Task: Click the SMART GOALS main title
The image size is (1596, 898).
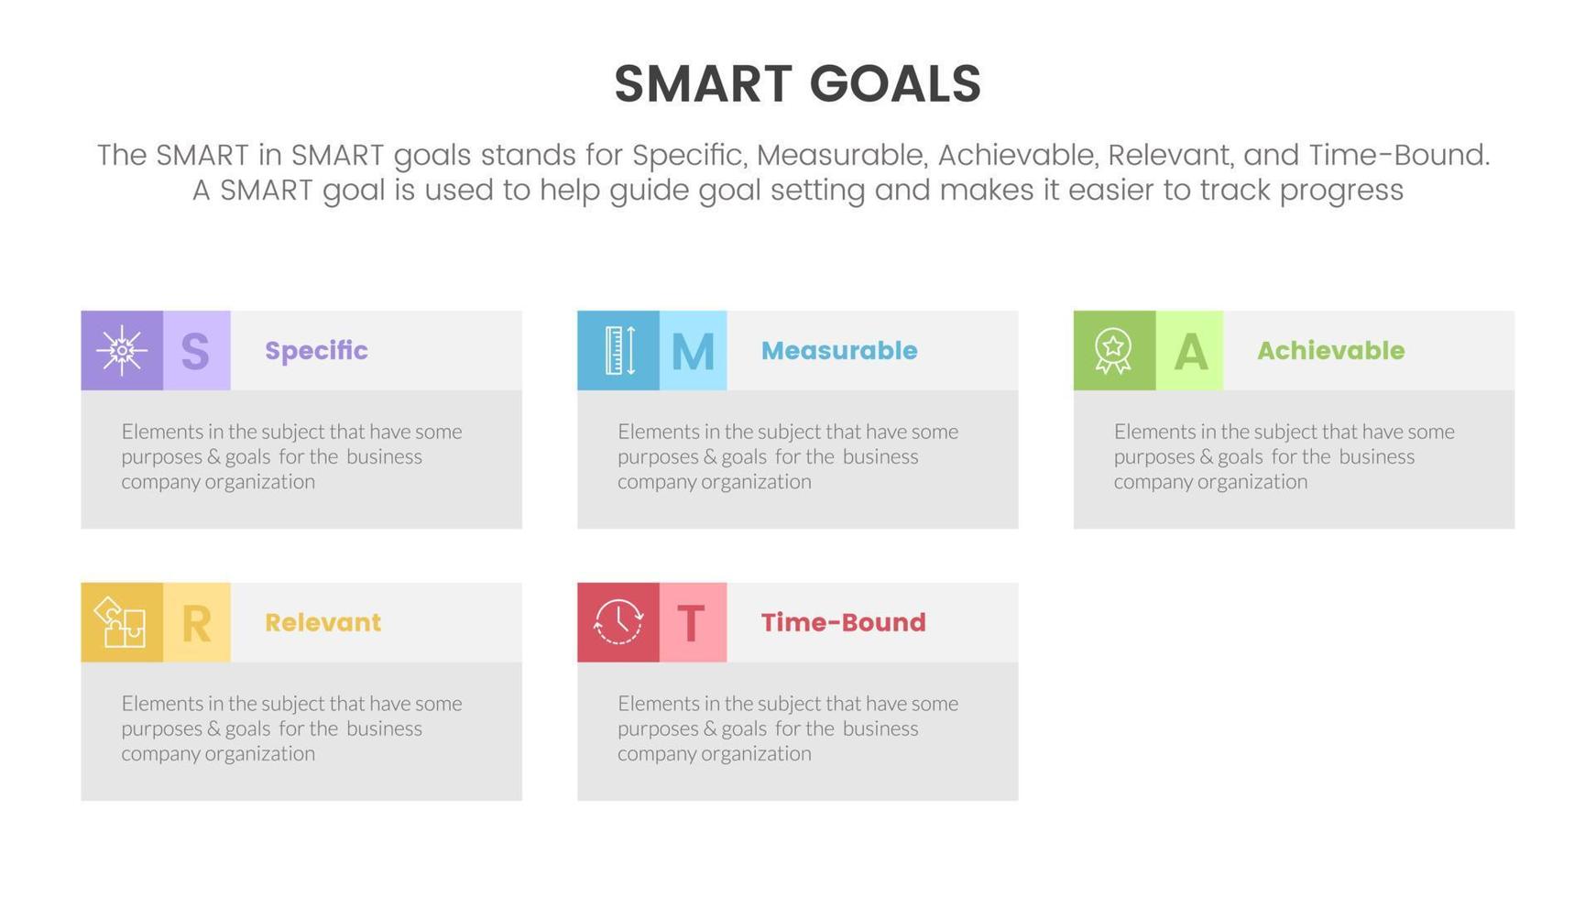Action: tap(797, 84)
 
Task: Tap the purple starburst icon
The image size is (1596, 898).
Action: tap(122, 350)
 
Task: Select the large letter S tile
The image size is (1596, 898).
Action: tap(197, 350)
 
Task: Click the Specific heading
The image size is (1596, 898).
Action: tap(316, 350)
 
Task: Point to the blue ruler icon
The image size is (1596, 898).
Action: tap(619, 350)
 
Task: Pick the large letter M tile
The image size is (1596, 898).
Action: tap(694, 350)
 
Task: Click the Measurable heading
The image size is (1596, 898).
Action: tap(839, 350)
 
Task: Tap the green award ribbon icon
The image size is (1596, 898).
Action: tap(1113, 350)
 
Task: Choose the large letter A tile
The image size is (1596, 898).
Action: tap(1189, 350)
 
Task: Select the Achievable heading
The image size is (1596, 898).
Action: tap(1330, 350)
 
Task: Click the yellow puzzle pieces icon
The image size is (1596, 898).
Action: tap(121, 622)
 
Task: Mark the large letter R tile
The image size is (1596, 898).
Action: tap(197, 622)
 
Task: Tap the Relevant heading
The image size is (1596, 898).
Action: tap(322, 622)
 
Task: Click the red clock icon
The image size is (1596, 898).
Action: tap(618, 622)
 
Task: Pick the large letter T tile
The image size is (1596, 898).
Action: tap(694, 622)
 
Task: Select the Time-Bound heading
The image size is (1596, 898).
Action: tap(843, 622)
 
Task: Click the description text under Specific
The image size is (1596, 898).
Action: tap(291, 456)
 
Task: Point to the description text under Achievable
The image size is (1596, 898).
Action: tap(1284, 456)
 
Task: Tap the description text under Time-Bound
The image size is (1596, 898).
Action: tap(788, 728)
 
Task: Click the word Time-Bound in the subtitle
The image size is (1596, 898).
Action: tap(1399, 155)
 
